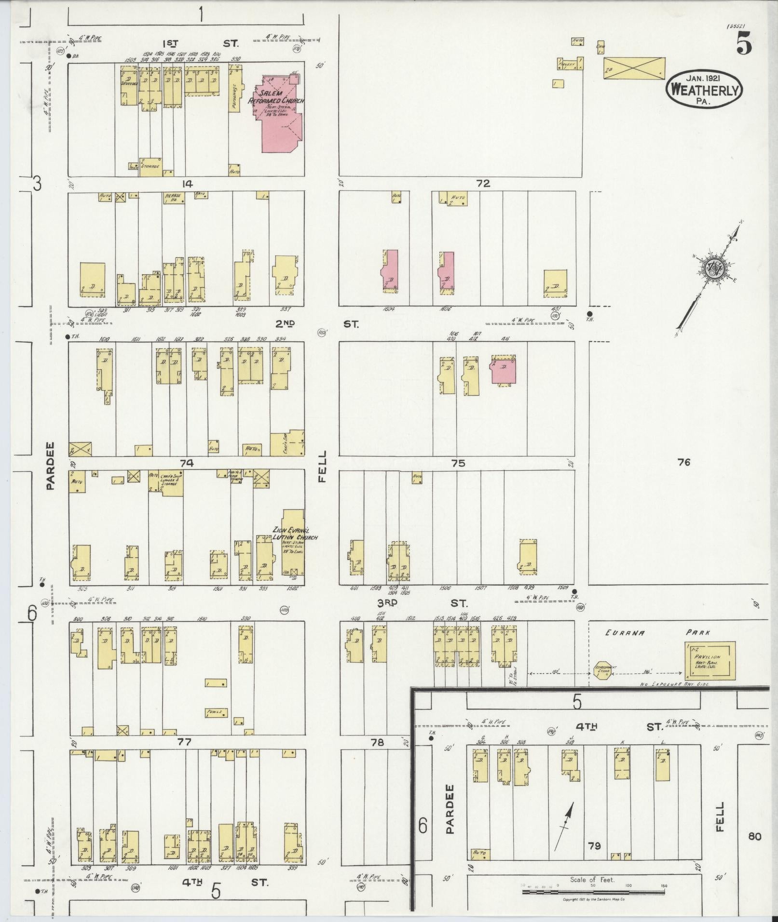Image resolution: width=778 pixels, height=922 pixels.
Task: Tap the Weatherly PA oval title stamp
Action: pyautogui.click(x=704, y=90)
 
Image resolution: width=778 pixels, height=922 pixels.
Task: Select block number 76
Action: pyautogui.click(x=683, y=463)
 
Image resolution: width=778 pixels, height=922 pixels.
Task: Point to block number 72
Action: pyautogui.click(x=483, y=184)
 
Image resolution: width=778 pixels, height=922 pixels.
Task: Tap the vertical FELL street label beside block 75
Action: pyautogui.click(x=322, y=466)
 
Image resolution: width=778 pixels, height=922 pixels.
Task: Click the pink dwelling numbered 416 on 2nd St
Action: pyautogui.click(x=504, y=370)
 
